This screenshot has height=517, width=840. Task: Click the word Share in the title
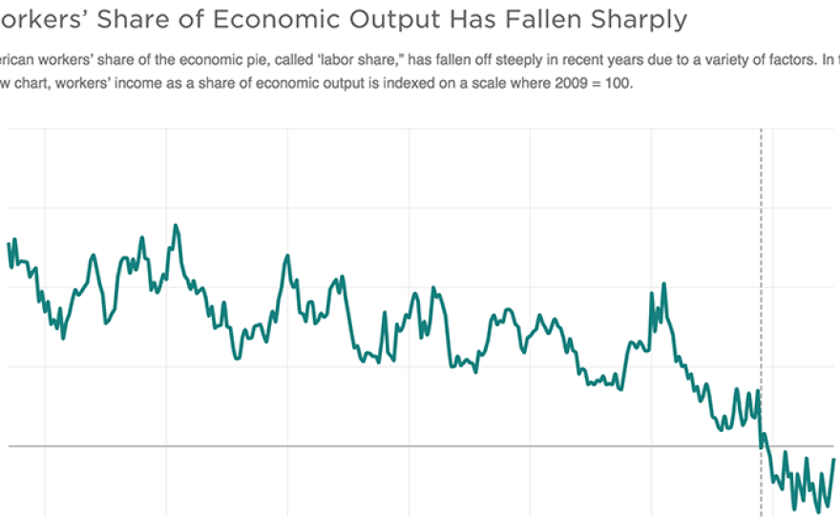tap(134, 19)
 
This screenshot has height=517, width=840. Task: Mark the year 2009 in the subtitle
tap(524, 83)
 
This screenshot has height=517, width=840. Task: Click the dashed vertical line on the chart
tap(761, 286)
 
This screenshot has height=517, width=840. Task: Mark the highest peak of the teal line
tap(177, 226)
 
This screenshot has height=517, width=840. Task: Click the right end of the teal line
tap(834, 460)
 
